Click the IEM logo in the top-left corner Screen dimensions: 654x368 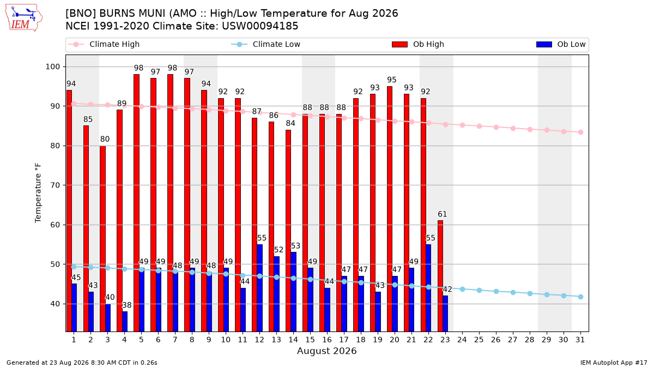pyautogui.click(x=23, y=18)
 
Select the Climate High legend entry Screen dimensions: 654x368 pyautogui.click(x=104, y=44)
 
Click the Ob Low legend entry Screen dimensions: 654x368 pyautogui.click(x=561, y=44)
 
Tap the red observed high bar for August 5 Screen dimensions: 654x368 pyautogui.click(x=136, y=203)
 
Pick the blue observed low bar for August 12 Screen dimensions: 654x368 pyautogui.click(x=259, y=288)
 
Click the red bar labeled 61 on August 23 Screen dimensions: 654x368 pyautogui.click(x=440, y=276)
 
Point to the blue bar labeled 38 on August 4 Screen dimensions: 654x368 pyautogui.click(x=125, y=321)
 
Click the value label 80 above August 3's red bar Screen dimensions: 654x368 pyautogui.click(x=105, y=139)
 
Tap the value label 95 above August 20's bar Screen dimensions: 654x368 pyautogui.click(x=392, y=80)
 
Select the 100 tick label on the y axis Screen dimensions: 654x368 pyautogui.click(x=52, y=67)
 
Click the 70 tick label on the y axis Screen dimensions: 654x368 pyautogui.click(x=55, y=185)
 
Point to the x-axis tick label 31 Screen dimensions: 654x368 pyautogui.click(x=580, y=340)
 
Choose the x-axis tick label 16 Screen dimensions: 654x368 pyautogui.click(x=327, y=340)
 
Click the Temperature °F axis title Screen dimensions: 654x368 pyautogui.click(x=38, y=193)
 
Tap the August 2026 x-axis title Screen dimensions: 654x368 pyautogui.click(x=326, y=351)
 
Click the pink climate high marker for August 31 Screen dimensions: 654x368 pyautogui.click(x=581, y=132)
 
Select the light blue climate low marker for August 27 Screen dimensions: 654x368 pyautogui.click(x=513, y=292)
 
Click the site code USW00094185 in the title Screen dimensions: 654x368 pyautogui.click(x=260, y=26)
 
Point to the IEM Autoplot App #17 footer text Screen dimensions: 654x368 pyautogui.click(x=614, y=363)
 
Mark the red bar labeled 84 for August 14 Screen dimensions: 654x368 pyautogui.click(x=288, y=231)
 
